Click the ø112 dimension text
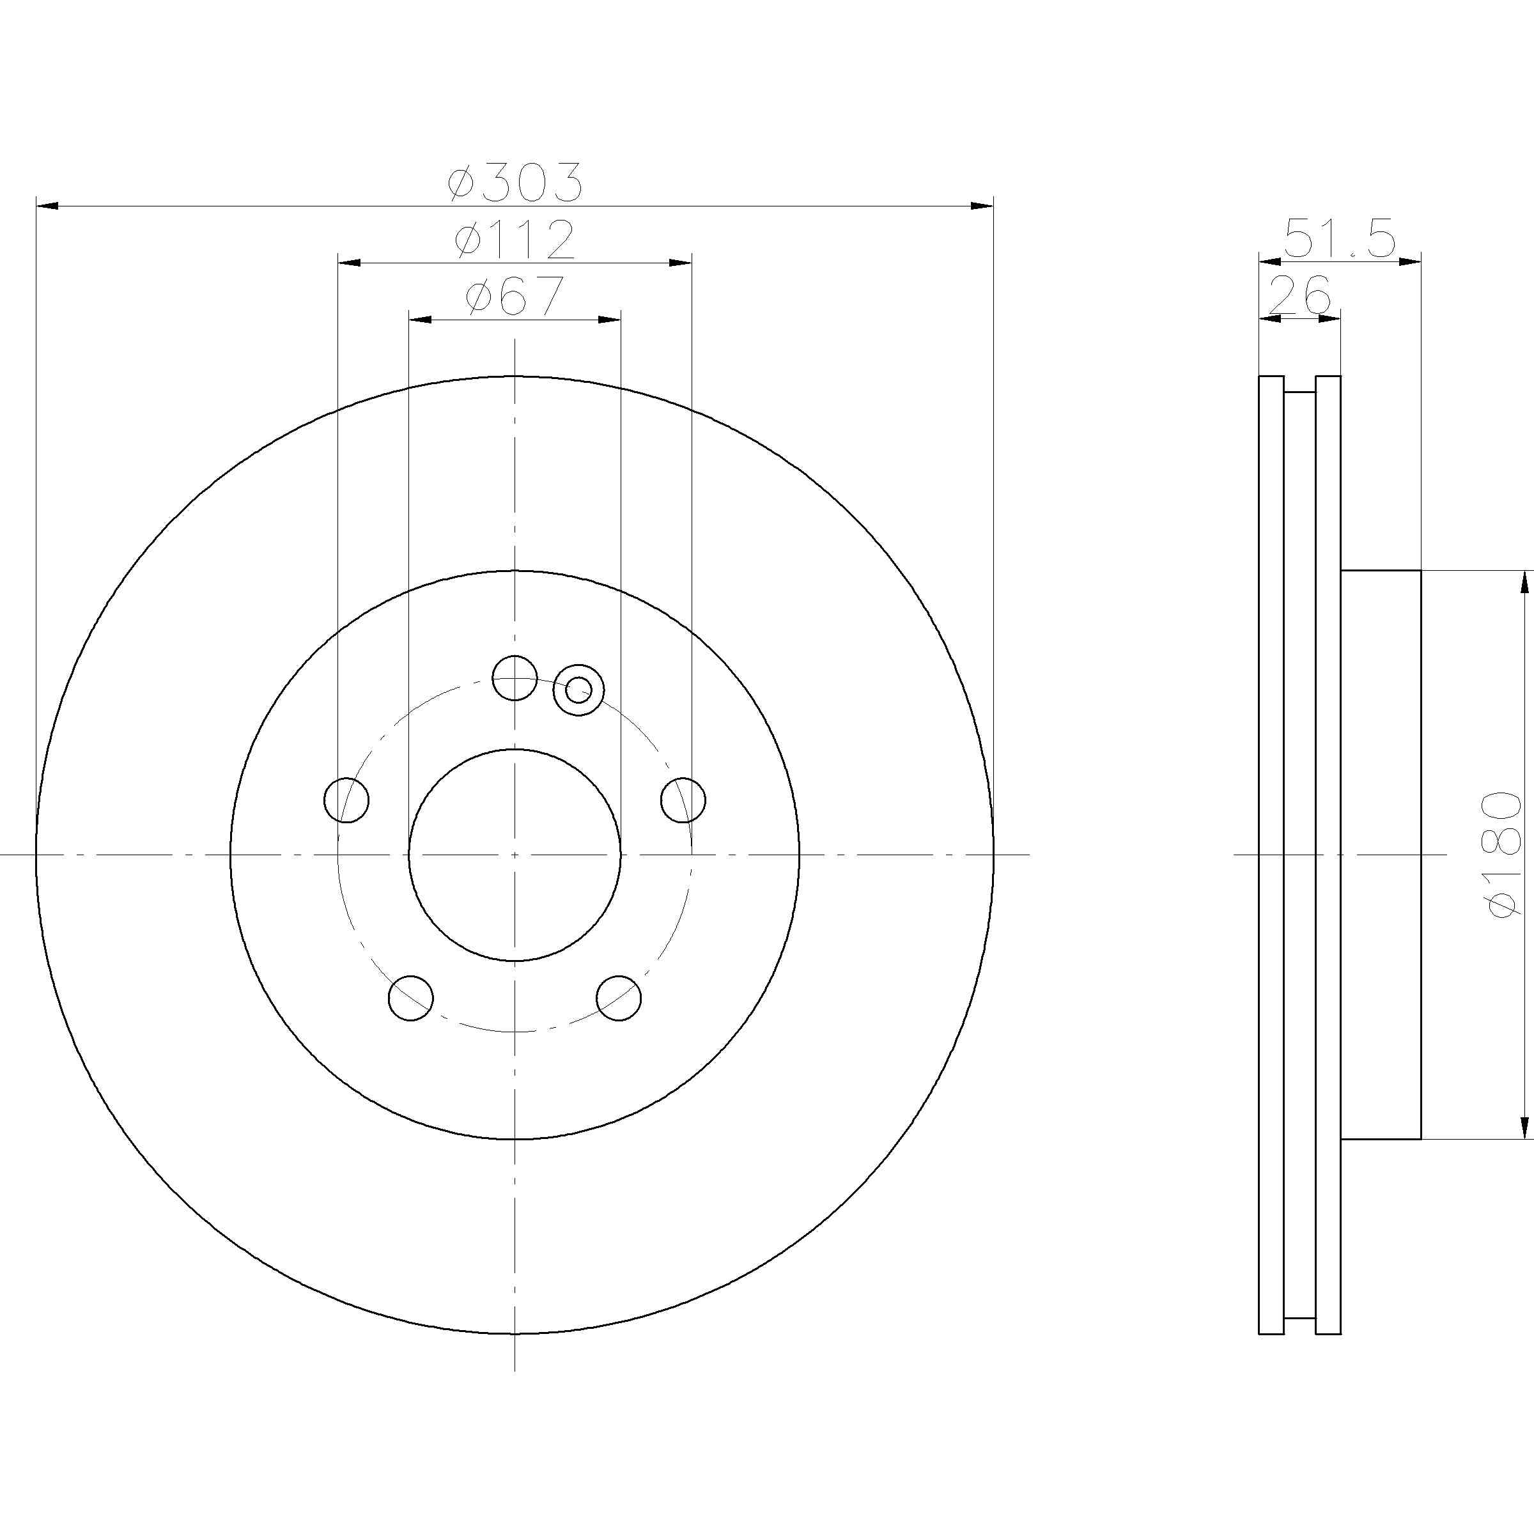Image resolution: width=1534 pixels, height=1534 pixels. [515, 239]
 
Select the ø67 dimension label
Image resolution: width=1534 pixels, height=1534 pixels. [515, 296]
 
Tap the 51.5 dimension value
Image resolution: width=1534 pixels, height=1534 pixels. [1340, 239]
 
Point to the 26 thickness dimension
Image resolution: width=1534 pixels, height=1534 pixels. [1300, 295]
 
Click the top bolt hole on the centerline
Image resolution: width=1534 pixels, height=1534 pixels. [515, 678]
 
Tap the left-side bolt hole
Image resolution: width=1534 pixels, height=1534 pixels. [347, 800]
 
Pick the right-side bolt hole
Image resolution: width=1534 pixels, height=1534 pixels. [683, 800]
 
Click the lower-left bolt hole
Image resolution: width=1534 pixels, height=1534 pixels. [411, 998]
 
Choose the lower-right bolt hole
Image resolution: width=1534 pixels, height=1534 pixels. [619, 998]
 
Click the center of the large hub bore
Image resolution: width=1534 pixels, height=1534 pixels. [515, 855]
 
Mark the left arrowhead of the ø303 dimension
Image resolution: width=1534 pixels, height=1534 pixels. [48, 206]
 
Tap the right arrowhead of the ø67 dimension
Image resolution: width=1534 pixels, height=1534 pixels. [609, 319]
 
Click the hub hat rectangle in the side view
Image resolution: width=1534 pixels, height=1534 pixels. [1380, 855]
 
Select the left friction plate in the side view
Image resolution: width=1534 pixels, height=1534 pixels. [1271, 855]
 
